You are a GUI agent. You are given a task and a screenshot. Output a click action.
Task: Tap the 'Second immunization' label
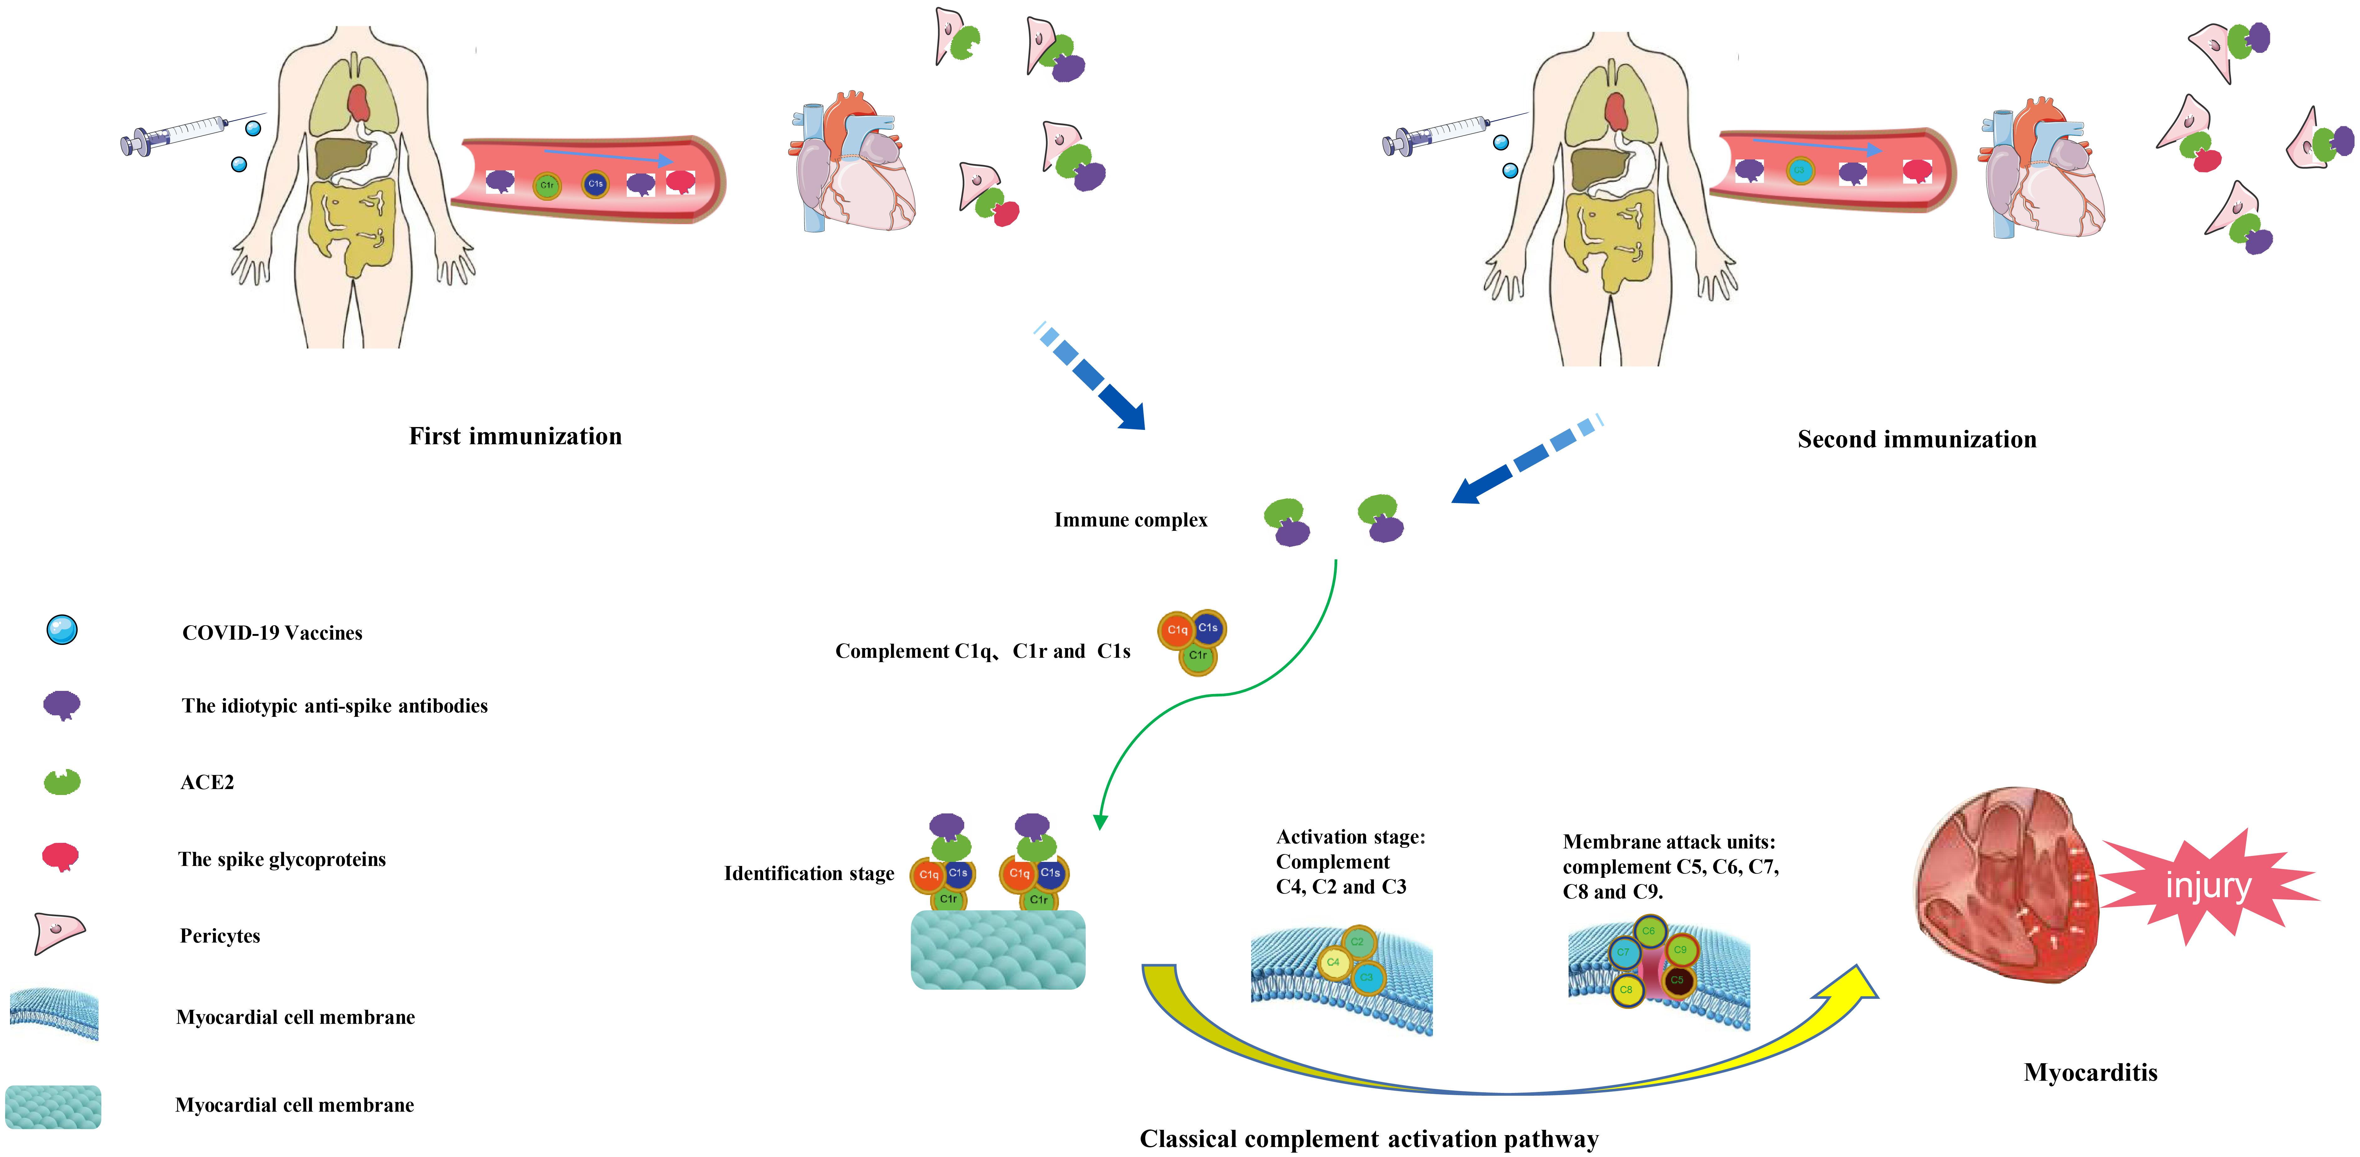point(1917,440)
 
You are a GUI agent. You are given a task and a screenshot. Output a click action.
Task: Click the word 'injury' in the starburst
point(2208,886)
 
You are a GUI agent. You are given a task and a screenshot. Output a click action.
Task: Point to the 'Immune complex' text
point(1131,520)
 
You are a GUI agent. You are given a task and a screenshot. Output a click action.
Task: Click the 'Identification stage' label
point(809,874)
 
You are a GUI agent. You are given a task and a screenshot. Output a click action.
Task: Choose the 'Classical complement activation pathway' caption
point(1369,1139)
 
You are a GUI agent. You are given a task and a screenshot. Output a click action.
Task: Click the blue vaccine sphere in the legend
point(62,630)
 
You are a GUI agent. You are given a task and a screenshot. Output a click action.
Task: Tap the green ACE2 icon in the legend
point(62,782)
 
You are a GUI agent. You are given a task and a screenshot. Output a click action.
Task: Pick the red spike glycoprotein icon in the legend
point(60,857)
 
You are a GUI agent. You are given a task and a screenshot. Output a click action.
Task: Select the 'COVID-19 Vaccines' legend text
point(272,633)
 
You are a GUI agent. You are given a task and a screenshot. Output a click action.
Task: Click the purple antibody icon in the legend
point(62,705)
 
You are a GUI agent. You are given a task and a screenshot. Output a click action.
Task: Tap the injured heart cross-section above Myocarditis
point(2006,884)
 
